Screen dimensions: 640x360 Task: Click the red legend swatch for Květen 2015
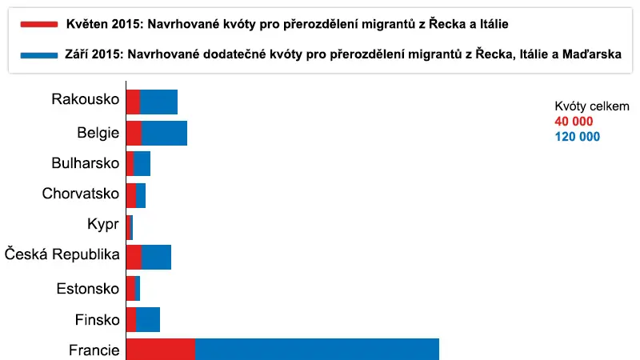[38, 25]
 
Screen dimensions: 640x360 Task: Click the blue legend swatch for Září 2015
[38, 55]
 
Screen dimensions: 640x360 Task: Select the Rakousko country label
[86, 99]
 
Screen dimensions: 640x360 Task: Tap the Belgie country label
[98, 133]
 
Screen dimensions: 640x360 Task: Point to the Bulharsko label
[86, 163]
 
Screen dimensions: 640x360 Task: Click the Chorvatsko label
[81, 194]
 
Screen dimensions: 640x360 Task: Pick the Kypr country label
[103, 225]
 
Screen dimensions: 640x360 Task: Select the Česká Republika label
[62, 254]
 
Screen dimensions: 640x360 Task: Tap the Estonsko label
[88, 289]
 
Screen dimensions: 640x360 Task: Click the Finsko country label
[97, 319]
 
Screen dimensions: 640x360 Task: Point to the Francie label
[94, 350]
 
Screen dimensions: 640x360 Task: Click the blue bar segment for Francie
[317, 350]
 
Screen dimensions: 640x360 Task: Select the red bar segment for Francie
[161, 350]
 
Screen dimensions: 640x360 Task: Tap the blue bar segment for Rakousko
[158, 102]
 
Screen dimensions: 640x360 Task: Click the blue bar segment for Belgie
[164, 133]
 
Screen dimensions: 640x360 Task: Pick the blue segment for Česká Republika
[156, 257]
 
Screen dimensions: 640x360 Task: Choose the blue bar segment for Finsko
[148, 319]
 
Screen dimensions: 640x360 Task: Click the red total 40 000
[574, 122]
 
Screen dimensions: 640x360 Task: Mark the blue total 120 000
[577, 136]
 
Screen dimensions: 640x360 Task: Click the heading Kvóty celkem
[592, 106]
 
